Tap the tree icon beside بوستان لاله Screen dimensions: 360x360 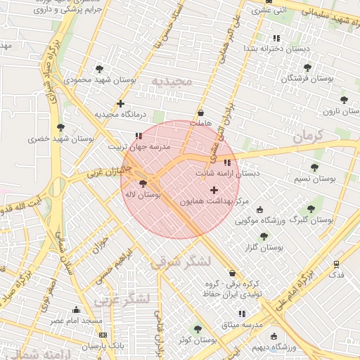point(143,184)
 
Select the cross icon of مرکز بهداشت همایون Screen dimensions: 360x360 point(214,190)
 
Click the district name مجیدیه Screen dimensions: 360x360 point(172,81)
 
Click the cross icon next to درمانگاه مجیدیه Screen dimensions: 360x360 point(120,103)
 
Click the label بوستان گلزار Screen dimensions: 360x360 point(264,247)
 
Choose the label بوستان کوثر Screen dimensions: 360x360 point(196,340)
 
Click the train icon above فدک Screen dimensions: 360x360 point(337,264)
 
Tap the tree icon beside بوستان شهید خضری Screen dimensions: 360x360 point(61,127)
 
